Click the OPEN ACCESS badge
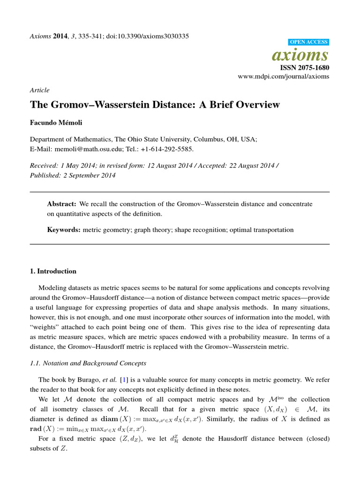tap(310, 42)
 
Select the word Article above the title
tap(39, 90)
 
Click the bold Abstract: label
tap(62, 204)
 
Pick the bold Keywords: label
tap(64, 230)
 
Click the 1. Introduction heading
tap(53, 271)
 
